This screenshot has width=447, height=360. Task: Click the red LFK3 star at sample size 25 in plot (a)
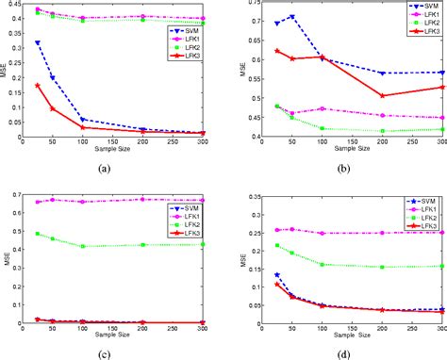click(x=37, y=85)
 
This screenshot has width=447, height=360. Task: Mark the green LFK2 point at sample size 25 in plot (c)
click(x=37, y=234)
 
